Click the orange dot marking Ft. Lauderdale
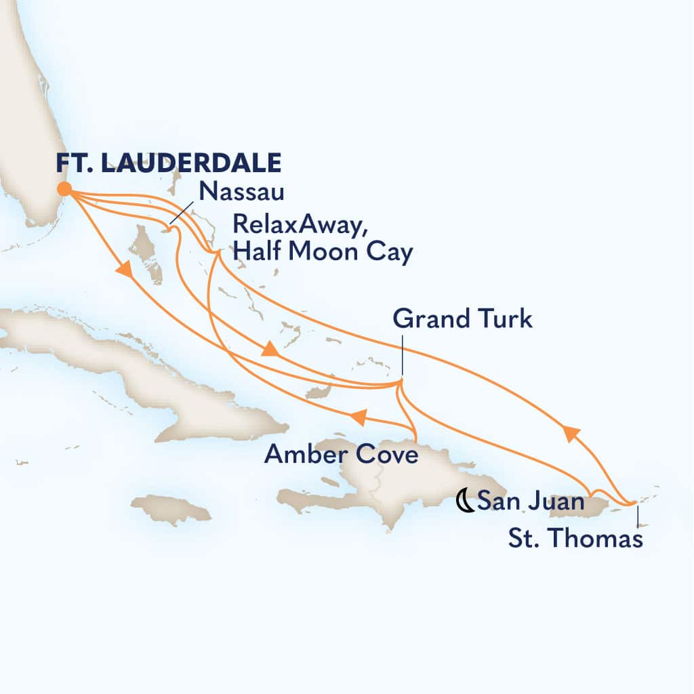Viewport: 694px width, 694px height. click(64, 189)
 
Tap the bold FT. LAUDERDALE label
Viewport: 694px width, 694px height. click(168, 164)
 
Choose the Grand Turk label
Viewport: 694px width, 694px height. click(462, 319)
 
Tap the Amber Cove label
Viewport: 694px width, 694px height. click(341, 455)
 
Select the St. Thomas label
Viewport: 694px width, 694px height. click(575, 539)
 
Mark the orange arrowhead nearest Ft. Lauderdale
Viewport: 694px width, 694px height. click(124, 270)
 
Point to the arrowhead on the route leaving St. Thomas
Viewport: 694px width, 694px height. click(570, 432)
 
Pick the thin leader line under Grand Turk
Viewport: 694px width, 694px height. click(401, 356)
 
